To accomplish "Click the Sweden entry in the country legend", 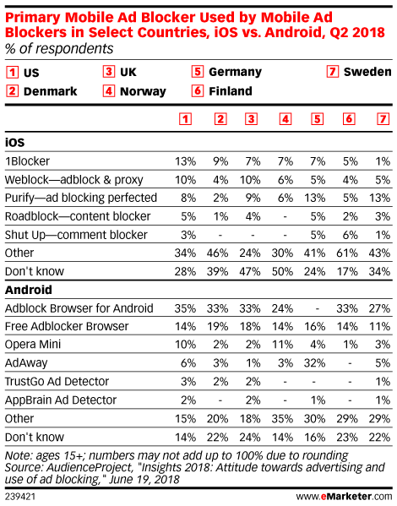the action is tap(359, 72).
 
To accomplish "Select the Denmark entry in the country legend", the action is tap(41, 91).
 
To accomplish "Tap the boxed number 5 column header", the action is tap(318, 119).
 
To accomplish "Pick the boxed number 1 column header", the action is tap(185, 119).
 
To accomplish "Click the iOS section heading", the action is tap(14, 142).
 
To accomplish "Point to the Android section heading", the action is tap(29, 290).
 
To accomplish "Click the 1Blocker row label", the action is tap(27, 161).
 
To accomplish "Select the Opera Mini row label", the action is tap(33, 345).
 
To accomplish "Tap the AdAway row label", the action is tap(26, 363).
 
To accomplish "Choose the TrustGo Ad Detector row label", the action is tap(57, 382).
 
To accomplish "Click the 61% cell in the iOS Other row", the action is tap(347, 253).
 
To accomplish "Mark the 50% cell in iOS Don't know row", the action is tap(282, 271).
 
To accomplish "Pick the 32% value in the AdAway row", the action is tap(314, 363).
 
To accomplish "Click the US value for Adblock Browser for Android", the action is tap(185, 308).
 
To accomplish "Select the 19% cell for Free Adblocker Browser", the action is tap(218, 326).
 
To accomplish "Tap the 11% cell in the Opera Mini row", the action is tap(282, 345).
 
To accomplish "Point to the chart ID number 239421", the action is tap(20, 497).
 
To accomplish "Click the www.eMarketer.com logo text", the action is tap(344, 496).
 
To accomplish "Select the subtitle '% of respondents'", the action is tap(59, 49).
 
